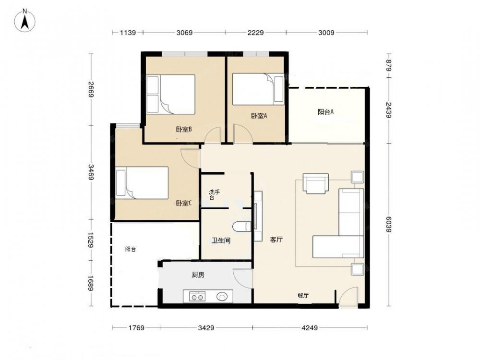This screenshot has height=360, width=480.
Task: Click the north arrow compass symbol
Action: (x=25, y=21)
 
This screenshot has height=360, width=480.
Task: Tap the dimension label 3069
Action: (x=185, y=33)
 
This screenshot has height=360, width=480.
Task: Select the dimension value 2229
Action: (x=256, y=33)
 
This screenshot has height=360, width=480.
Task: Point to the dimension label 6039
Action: (x=388, y=224)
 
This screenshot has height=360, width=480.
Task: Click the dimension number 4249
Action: (x=310, y=328)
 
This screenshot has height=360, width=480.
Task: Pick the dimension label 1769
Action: (x=136, y=328)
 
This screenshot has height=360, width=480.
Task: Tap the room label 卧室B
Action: (x=184, y=130)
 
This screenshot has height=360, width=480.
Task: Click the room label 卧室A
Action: (x=259, y=116)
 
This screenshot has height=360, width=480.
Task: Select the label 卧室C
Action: (x=184, y=203)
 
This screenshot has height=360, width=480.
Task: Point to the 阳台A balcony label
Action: (x=326, y=112)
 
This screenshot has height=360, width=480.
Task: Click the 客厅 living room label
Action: (x=276, y=240)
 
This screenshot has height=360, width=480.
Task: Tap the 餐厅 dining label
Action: (x=303, y=295)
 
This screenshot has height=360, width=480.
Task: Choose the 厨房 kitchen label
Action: (x=198, y=275)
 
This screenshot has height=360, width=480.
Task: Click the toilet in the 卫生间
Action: (x=242, y=227)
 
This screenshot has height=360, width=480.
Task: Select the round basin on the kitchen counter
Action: (x=222, y=296)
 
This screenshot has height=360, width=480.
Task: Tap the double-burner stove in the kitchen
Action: (x=197, y=297)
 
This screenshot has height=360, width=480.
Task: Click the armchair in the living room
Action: (x=316, y=184)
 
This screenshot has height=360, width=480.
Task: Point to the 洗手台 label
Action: (x=214, y=195)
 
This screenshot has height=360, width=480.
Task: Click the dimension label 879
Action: (x=388, y=65)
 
